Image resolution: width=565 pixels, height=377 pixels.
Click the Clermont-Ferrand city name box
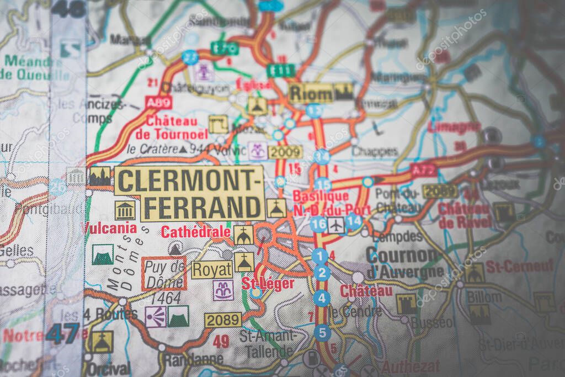[x=189, y=193]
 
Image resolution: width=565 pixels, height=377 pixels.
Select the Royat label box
[x=212, y=270]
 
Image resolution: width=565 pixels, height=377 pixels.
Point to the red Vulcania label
[x=110, y=227]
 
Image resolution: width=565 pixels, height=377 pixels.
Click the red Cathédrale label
[x=196, y=232]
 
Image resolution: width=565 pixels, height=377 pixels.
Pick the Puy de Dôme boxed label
[x=164, y=273]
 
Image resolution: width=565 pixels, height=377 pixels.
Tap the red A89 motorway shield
[x=158, y=102]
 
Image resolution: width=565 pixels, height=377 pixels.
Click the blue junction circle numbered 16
[x=318, y=224]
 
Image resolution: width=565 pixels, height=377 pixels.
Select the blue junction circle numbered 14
[x=354, y=221]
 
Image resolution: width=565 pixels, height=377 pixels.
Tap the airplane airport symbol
[x=335, y=225]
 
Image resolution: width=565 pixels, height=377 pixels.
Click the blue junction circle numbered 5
[x=322, y=333]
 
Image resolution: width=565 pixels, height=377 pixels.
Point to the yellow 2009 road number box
[x=285, y=152]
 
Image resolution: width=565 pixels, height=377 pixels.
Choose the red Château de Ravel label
[x=465, y=215]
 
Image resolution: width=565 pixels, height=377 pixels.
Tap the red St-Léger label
[x=268, y=283]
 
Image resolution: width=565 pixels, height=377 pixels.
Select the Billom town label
[x=484, y=297]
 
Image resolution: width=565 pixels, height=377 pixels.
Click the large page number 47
[x=62, y=333]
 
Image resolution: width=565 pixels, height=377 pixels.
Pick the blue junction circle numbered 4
[x=322, y=299]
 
